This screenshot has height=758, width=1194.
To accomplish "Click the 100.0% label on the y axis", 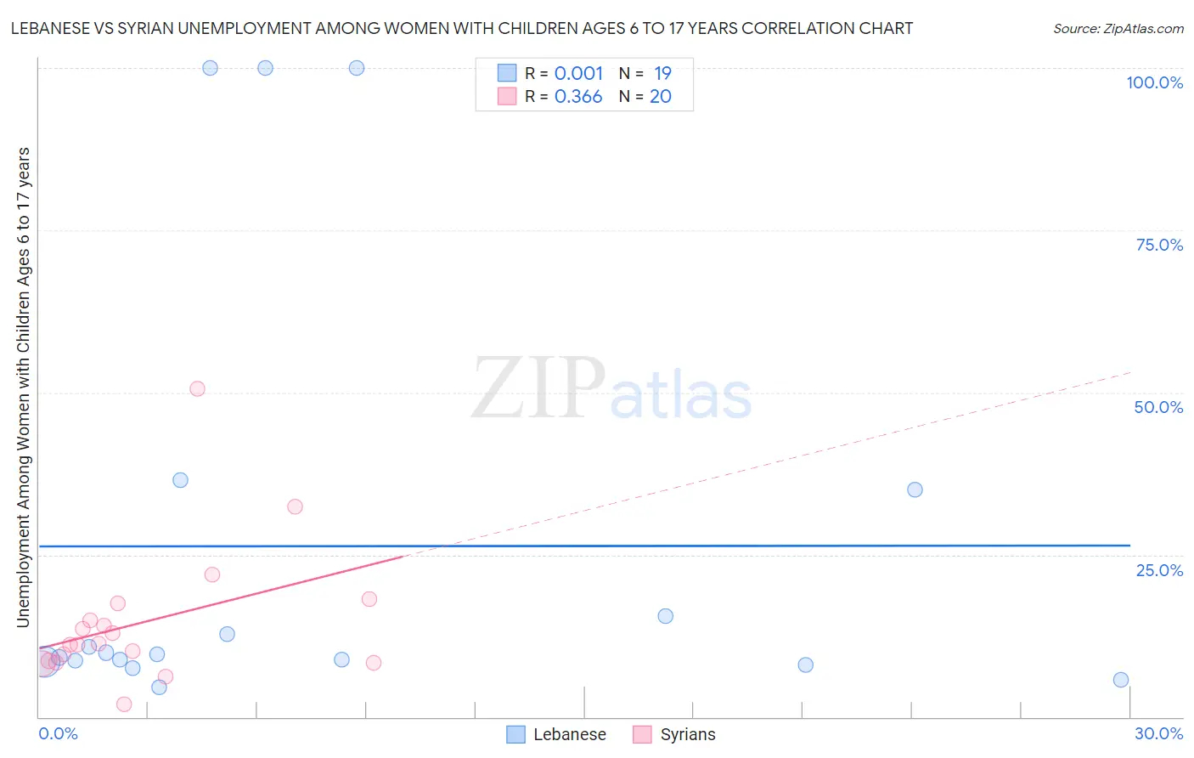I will (x=1154, y=82).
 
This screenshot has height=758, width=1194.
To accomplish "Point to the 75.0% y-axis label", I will (x=1159, y=245).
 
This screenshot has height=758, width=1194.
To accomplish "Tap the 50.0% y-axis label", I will (x=1158, y=407).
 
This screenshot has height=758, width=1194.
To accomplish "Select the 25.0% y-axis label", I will (x=1159, y=569).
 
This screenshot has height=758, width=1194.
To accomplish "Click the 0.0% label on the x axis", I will (x=58, y=733).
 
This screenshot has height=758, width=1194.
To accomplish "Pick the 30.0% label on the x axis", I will (x=1158, y=733).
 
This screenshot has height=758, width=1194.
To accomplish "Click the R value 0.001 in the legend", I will (x=578, y=74).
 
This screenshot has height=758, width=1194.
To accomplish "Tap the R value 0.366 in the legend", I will (x=578, y=97).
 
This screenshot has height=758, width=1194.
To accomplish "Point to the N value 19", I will (x=662, y=74).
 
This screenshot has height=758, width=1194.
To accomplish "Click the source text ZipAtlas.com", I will (x=1118, y=29).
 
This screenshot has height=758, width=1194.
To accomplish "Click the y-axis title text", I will (x=23, y=387).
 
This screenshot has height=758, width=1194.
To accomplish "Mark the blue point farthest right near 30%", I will (x=1121, y=680).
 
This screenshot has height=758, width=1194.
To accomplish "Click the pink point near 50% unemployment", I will (x=197, y=389).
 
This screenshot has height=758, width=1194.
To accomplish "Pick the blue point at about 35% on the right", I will (x=915, y=489).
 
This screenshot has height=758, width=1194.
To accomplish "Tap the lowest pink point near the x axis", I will (x=124, y=704).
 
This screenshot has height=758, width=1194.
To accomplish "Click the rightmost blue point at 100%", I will (x=357, y=68).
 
